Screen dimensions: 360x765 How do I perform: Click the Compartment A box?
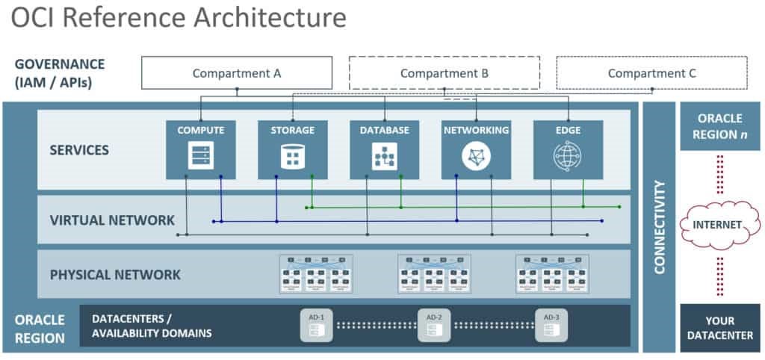coord(237,73)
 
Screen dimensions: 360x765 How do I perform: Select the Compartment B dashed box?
coord(445,73)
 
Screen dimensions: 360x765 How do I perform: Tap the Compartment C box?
coord(651,73)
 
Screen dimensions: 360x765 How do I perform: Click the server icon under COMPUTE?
coord(201,156)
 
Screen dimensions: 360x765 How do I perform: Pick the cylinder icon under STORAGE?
coord(293,157)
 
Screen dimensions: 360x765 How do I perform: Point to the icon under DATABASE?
coord(385,157)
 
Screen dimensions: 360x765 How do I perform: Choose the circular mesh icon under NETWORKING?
coord(476,157)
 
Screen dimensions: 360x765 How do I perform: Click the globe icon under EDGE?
coord(568,157)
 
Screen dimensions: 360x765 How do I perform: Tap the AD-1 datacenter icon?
coord(316,326)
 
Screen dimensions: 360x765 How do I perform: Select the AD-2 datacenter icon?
coord(434,326)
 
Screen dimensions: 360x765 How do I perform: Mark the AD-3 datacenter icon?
coord(551,326)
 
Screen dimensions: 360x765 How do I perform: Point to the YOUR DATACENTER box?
coord(719,328)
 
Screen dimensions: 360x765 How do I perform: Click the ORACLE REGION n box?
coord(719,126)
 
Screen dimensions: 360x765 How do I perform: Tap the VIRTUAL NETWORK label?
coord(112,220)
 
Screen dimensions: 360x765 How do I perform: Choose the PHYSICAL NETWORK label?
coord(115,275)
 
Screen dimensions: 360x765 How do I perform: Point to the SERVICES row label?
coord(79,150)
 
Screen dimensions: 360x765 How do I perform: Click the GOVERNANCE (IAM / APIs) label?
coord(60,73)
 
